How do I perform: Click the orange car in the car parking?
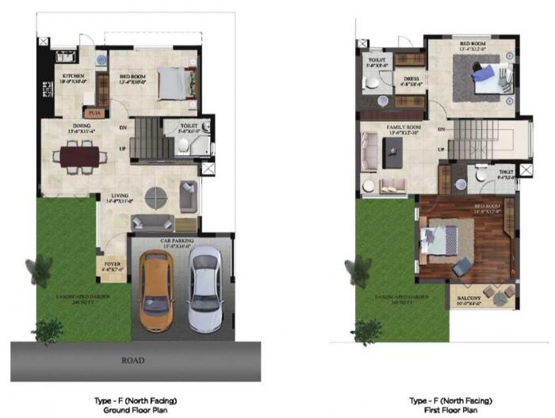coord(154,291)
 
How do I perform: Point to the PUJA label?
coord(94,112)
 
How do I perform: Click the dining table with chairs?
coord(80,155)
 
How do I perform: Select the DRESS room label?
coord(411,80)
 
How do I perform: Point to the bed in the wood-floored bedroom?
coord(439,237)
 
